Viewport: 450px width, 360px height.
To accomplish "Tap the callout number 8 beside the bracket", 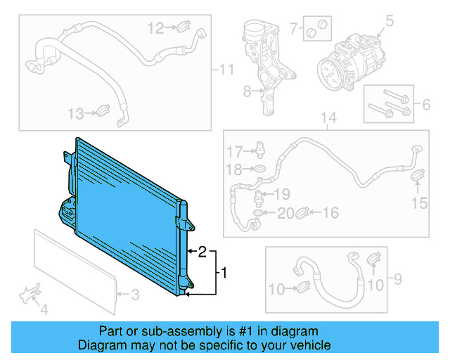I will point(247,91).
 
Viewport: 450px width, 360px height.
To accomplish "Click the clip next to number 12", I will point(181,28).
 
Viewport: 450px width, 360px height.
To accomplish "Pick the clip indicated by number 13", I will point(103,111).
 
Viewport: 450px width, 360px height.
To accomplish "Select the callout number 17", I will point(233,151).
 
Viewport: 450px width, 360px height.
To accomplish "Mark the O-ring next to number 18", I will point(261,169).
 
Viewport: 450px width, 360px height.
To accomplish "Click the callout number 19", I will point(281,194).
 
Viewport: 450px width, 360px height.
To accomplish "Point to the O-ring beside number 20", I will point(260,212).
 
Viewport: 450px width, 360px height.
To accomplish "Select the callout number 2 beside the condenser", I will point(202,251).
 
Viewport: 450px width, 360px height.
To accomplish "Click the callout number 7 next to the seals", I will point(294,29).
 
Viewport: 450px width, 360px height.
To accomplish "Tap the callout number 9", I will point(397,281).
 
